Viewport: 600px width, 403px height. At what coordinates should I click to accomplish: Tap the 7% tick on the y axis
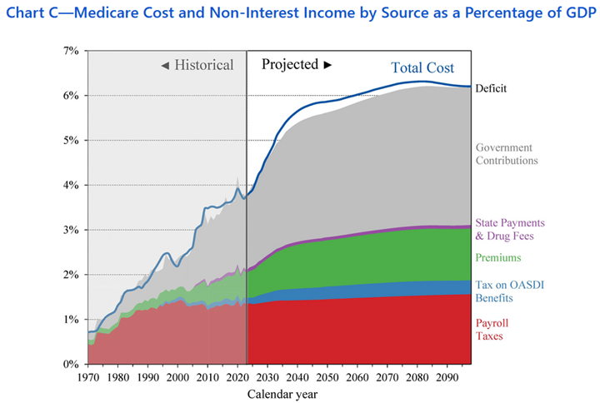pyautogui.click(x=70, y=51)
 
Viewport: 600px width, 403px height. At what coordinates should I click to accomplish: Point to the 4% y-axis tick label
pyautogui.click(x=70, y=185)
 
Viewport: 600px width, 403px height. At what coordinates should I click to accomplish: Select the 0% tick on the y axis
pyautogui.click(x=70, y=364)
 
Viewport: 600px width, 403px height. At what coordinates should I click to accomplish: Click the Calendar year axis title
pyautogui.click(x=282, y=393)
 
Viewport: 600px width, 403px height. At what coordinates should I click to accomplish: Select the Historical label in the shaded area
pyautogui.click(x=197, y=65)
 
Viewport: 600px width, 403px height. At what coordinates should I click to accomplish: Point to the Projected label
pyautogui.click(x=297, y=64)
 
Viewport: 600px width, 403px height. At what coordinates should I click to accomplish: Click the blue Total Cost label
pyautogui.click(x=423, y=68)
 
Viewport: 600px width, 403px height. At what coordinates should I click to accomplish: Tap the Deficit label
pyautogui.click(x=491, y=88)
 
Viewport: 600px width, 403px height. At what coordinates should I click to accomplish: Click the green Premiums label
pyautogui.click(x=498, y=258)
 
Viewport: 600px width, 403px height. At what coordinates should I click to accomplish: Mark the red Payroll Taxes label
pyautogui.click(x=494, y=330)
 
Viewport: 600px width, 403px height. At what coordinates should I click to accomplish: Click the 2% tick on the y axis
pyautogui.click(x=70, y=275)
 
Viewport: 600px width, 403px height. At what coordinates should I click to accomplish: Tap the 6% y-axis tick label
pyautogui.click(x=70, y=96)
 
